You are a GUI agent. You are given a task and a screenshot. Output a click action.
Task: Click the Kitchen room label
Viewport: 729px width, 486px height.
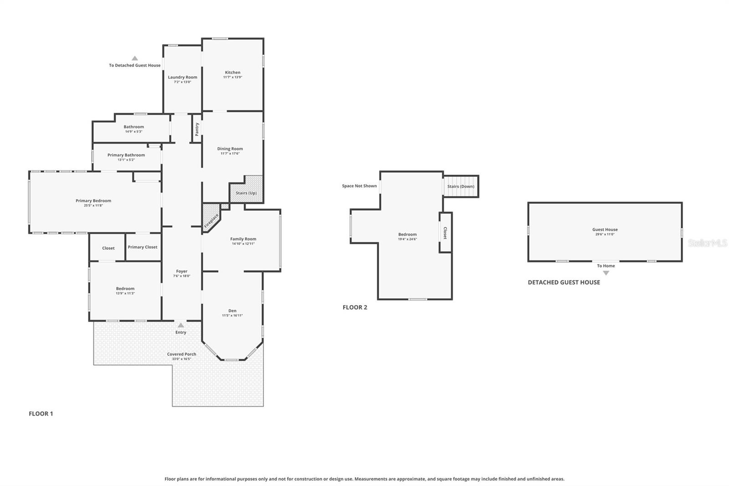(232, 72)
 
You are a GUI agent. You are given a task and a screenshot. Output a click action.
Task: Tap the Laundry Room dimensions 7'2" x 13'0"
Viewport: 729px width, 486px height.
(182, 82)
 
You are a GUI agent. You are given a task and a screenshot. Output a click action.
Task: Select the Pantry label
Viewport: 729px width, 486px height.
(197, 129)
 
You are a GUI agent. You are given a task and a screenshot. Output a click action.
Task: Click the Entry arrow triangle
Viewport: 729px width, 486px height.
(181, 325)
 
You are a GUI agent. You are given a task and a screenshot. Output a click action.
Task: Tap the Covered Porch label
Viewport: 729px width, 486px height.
(181, 354)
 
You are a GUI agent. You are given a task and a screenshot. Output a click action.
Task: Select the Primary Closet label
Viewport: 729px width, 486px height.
(143, 247)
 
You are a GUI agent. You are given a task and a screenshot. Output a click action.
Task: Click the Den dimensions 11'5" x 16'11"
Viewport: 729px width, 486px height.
(232, 315)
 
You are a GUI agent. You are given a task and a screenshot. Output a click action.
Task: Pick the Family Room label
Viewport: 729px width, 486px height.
(243, 239)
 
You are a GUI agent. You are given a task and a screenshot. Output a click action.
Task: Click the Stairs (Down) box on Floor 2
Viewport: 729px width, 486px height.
(461, 186)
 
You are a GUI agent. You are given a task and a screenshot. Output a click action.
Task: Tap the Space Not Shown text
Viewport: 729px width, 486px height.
(359, 186)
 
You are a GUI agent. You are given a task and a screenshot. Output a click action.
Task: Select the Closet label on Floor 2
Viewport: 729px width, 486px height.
(445, 233)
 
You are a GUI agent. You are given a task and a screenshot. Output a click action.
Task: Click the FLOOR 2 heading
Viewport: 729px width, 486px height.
(355, 307)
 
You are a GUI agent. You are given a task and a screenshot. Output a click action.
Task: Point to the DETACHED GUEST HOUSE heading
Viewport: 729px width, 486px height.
(564, 282)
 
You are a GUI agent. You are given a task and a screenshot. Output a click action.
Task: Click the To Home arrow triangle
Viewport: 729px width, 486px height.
(606, 273)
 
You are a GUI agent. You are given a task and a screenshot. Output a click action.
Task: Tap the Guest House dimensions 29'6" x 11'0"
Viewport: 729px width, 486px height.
(605, 234)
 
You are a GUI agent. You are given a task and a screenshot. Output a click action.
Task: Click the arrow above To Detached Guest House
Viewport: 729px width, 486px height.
(135, 58)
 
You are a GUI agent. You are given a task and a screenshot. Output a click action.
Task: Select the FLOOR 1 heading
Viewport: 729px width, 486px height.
(41, 414)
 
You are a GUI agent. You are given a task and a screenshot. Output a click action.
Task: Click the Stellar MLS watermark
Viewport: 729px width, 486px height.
(707, 243)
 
